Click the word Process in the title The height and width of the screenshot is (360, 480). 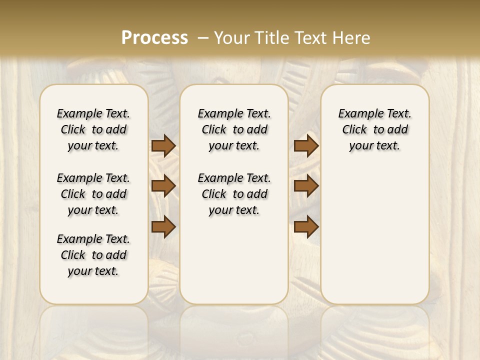click(x=154, y=38)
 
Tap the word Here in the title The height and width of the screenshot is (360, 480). click(x=352, y=38)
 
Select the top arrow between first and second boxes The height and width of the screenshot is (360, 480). click(x=163, y=146)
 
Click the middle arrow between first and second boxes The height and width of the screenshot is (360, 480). click(x=163, y=186)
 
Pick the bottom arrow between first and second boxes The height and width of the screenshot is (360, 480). click(x=163, y=226)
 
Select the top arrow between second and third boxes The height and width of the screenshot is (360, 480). click(x=306, y=146)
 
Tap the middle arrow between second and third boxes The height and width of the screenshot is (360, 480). click(x=306, y=186)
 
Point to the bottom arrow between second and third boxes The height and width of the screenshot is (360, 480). click(x=306, y=226)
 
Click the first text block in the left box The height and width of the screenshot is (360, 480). click(x=93, y=129)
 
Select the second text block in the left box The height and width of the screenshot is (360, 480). click(x=93, y=194)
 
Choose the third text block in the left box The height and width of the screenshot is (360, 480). click(x=93, y=255)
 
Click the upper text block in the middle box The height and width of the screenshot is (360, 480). click(x=234, y=129)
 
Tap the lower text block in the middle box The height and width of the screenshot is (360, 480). click(x=234, y=194)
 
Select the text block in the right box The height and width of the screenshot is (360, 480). click(x=374, y=129)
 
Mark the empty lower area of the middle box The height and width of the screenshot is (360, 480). click(x=234, y=260)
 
